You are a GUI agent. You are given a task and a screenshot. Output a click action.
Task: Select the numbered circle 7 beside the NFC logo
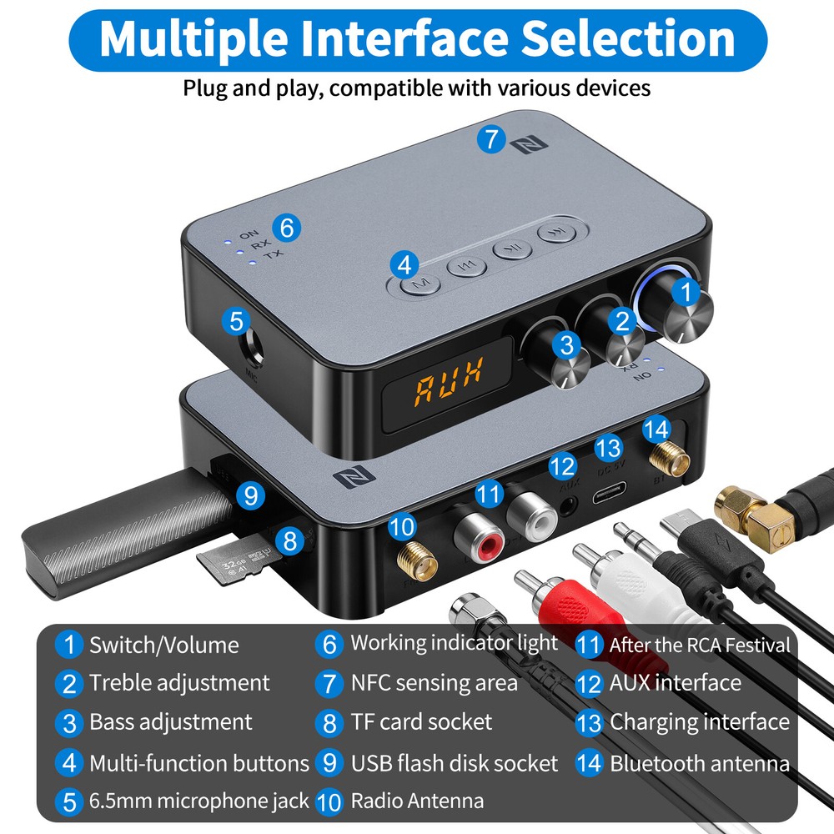point(491,138)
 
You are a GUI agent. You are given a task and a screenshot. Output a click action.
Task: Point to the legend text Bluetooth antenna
point(699,763)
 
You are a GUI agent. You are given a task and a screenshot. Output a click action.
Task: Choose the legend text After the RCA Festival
point(699,645)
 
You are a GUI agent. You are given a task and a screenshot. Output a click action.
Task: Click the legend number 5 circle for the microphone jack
point(69,802)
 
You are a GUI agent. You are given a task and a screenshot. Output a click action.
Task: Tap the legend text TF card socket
point(421,721)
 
